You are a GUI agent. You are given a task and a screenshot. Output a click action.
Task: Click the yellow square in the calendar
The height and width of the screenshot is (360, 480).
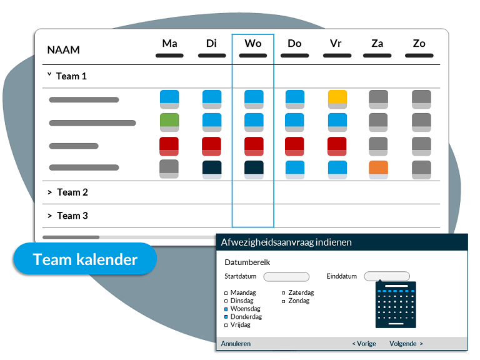(x=337, y=99)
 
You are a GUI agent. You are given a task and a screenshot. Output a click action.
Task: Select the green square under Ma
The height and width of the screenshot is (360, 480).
(x=169, y=122)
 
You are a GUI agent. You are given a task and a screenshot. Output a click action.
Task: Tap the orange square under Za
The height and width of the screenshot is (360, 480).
(x=378, y=170)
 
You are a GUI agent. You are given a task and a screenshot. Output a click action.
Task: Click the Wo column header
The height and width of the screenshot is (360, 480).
(x=253, y=44)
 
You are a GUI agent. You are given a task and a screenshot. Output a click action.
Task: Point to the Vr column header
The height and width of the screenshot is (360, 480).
(x=336, y=44)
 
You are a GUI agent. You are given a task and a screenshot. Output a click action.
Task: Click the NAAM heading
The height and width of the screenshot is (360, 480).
(x=63, y=50)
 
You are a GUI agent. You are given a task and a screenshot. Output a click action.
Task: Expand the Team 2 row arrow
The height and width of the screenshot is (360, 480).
(x=50, y=192)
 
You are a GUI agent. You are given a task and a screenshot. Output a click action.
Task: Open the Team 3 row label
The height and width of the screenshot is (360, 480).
(x=72, y=216)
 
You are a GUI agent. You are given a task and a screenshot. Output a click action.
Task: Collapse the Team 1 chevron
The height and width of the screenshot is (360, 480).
(x=49, y=74)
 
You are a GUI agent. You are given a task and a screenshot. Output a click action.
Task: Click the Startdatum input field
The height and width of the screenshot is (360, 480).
(x=286, y=277)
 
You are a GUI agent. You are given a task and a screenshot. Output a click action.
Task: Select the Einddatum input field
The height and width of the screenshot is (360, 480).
(x=387, y=276)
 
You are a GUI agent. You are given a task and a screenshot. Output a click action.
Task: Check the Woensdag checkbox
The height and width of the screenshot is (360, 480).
(x=226, y=309)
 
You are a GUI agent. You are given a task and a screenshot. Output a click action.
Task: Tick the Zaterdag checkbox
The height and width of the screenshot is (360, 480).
(x=284, y=293)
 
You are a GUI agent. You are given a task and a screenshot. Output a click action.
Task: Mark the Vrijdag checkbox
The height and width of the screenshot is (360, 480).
(x=226, y=325)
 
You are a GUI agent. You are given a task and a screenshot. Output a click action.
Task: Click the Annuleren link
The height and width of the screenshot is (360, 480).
(x=236, y=344)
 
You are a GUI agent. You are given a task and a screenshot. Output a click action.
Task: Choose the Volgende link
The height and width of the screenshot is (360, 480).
(x=406, y=344)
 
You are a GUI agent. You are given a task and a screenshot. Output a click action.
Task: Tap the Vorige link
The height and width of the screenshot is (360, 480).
(x=364, y=344)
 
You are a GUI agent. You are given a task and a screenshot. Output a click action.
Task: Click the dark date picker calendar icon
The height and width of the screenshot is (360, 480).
(x=396, y=304)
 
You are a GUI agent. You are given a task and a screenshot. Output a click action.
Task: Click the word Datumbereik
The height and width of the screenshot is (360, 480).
(x=247, y=262)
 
